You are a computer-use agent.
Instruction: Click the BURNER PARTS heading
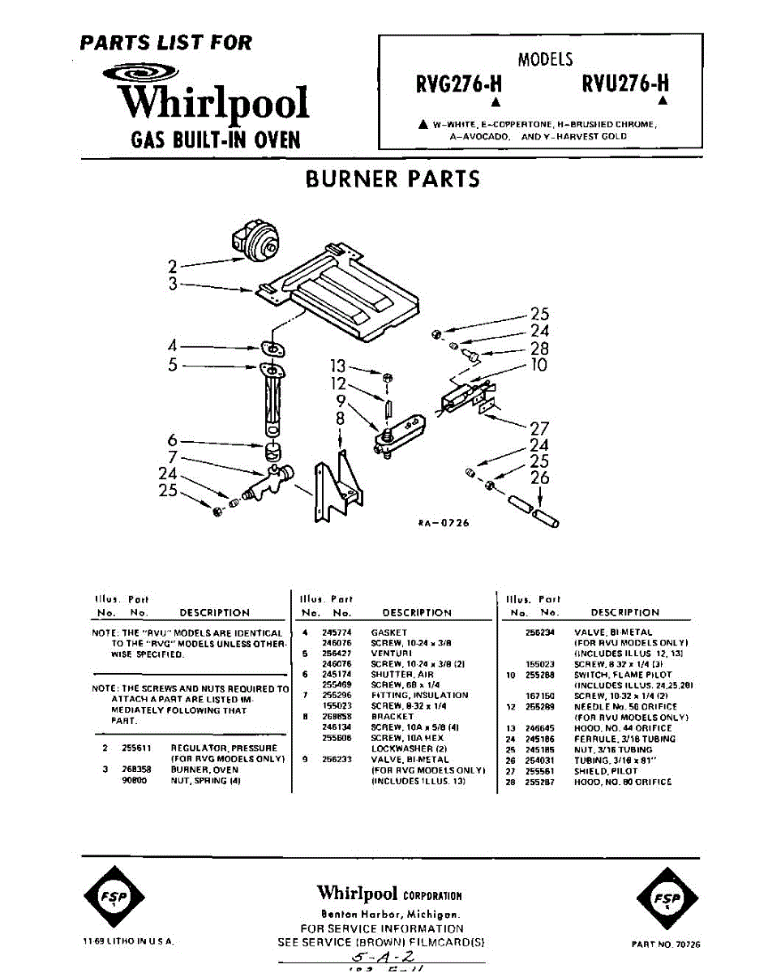[x=393, y=178]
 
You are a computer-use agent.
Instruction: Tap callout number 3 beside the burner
[x=173, y=284]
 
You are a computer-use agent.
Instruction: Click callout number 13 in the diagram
[x=337, y=366]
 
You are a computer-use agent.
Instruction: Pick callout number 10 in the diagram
[x=538, y=365]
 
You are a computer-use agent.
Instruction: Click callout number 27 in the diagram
[x=539, y=429]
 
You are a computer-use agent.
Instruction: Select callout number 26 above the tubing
[x=540, y=478]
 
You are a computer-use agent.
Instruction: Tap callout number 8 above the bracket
[x=340, y=419]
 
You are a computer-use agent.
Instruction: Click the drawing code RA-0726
[x=444, y=523]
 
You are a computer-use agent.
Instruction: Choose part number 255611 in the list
[x=134, y=748]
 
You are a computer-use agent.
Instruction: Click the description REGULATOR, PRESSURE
[x=224, y=748]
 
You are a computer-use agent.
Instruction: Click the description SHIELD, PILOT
[x=606, y=771]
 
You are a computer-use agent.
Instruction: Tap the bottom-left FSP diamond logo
[x=114, y=898]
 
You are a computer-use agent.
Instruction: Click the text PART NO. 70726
[x=665, y=945]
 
